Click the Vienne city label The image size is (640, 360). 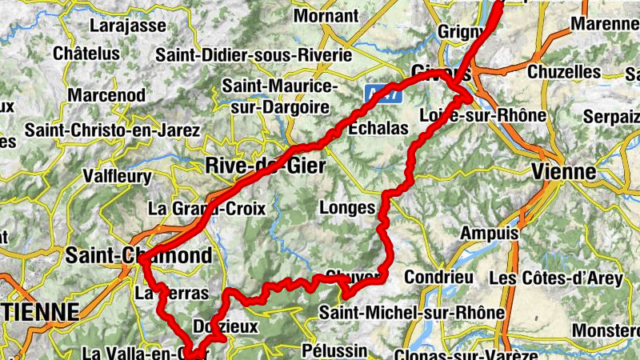click(x=563, y=171)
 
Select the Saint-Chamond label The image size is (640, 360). click(x=140, y=256)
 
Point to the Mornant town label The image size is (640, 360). click(x=326, y=15)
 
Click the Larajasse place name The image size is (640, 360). click(x=128, y=26)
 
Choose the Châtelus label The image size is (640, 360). click(x=86, y=54)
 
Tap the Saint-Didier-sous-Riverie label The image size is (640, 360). click(x=254, y=55)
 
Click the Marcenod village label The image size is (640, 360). click(x=106, y=95)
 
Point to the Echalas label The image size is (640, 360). click(x=378, y=128)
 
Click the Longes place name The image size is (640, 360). click(x=346, y=208)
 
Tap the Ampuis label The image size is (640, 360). click(x=490, y=234)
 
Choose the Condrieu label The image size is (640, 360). click(x=439, y=277)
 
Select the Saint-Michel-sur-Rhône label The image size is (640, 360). click(x=411, y=312)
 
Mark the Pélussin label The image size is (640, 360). click(x=335, y=350)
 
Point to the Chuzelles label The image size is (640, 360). click(x=564, y=72)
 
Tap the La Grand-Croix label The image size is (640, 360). click(x=196, y=209)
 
